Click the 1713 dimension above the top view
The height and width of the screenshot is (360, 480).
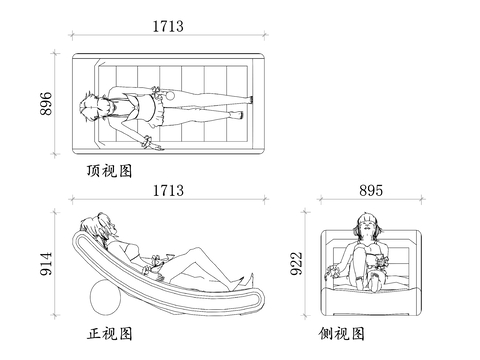click(168, 27)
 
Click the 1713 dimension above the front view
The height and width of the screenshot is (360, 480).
click(168, 189)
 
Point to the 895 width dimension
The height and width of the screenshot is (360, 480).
click(370, 190)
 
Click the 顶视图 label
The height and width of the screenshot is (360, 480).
click(109, 171)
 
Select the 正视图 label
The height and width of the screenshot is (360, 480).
click(109, 333)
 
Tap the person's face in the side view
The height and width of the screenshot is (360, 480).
click(366, 229)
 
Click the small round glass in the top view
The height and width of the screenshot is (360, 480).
click(167, 95)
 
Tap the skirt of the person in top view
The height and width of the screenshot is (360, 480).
click(152, 106)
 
